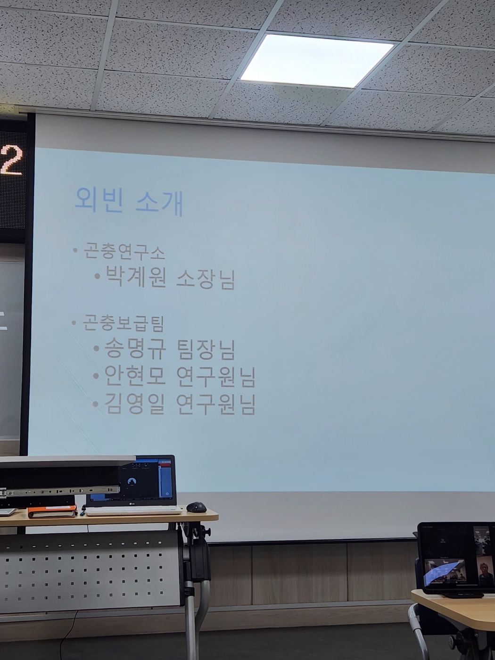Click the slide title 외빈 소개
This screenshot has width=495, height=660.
[x=129, y=201]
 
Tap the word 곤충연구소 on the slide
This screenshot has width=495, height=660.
[x=124, y=252]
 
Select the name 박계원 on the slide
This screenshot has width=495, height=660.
[x=135, y=277]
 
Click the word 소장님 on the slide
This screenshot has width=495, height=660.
[x=206, y=279]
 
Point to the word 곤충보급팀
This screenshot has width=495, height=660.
[x=123, y=323]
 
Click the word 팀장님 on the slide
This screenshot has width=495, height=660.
[x=206, y=349]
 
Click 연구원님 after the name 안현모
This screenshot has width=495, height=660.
[x=216, y=376]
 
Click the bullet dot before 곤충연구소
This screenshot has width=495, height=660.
[x=75, y=250]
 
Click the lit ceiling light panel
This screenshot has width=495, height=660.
[x=317, y=60]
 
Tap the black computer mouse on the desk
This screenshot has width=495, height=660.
[x=196, y=507]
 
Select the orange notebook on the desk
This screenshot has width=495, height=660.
[x=52, y=511]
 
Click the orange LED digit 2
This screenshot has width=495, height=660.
[x=12, y=161]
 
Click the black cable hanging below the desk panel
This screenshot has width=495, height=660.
[x=71, y=632]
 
